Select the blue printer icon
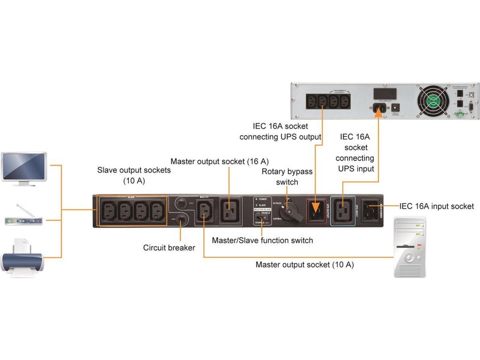22,258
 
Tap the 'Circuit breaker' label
169,248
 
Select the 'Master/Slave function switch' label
262,240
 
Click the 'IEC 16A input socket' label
436,206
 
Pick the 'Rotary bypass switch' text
287,177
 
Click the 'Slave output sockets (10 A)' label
134,175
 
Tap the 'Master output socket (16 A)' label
220,162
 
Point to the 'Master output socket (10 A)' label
304,265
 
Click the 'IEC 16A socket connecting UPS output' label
280,132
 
